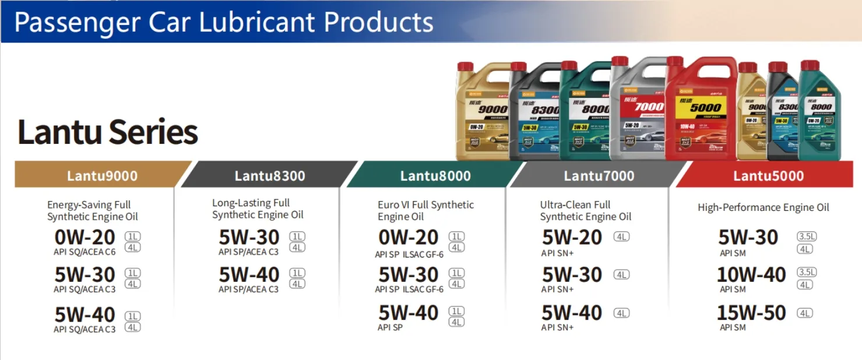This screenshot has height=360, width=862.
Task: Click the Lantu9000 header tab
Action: click(102, 175)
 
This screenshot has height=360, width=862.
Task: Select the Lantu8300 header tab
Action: click(269, 175)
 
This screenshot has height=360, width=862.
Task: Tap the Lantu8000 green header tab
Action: click(435, 175)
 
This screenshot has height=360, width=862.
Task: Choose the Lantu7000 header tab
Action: click(599, 175)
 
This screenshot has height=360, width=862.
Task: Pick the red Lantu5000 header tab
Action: click(768, 175)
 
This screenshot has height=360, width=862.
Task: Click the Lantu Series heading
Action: click(108, 132)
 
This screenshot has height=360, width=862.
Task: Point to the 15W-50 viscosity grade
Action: click(751, 313)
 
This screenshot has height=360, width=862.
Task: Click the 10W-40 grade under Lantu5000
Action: click(751, 274)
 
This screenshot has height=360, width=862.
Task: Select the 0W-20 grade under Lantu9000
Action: click(85, 238)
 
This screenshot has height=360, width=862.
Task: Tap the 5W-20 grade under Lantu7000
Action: click(572, 238)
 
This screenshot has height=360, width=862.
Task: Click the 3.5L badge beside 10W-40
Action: click(807, 273)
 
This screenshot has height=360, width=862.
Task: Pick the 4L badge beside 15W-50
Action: click(805, 313)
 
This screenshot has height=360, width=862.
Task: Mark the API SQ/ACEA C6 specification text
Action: click(85, 252)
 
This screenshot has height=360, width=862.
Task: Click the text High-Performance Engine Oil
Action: click(763, 207)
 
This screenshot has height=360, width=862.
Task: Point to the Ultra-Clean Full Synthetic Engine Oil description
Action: click(585, 211)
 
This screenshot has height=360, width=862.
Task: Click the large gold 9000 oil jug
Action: click(483, 114)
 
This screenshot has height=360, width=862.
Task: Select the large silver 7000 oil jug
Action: click(638, 114)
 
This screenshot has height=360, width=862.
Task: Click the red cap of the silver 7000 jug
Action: click(620, 61)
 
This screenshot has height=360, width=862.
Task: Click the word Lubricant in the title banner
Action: click(257, 22)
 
